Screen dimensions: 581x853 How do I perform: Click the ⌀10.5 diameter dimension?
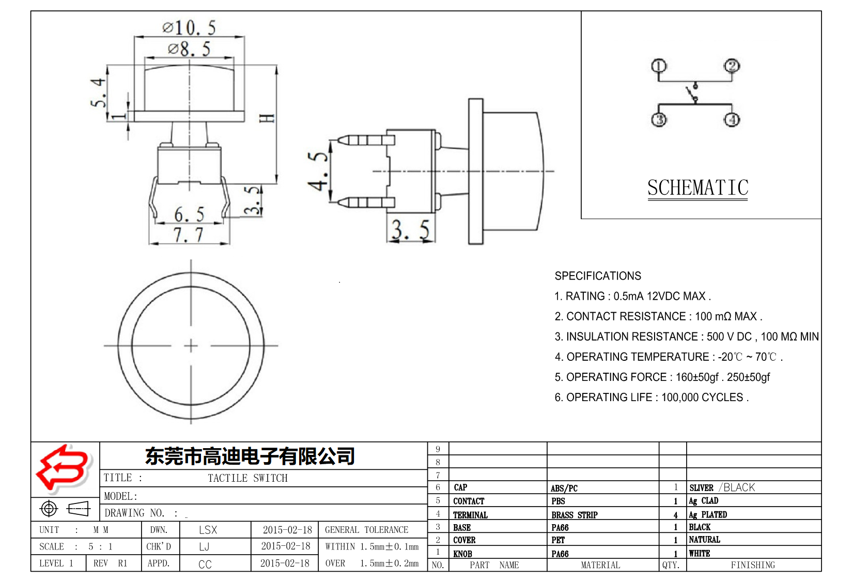point(189,27)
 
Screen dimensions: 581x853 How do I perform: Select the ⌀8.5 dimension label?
point(189,49)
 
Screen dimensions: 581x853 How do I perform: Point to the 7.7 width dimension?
point(189,235)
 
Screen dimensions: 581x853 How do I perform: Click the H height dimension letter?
point(267,118)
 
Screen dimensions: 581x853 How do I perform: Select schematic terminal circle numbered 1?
point(659,66)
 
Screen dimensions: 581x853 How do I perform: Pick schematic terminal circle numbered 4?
point(732,120)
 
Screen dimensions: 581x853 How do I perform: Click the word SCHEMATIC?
point(697,188)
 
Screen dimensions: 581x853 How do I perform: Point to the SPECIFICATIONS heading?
point(598,276)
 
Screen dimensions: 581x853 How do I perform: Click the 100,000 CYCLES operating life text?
point(703,397)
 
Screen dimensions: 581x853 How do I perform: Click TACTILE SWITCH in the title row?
point(247,478)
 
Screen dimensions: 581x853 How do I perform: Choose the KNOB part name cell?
point(463,554)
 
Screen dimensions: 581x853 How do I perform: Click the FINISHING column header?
point(753,565)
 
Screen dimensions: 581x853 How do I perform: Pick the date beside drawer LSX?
point(287,530)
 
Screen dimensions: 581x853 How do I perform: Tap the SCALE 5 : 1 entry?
point(75,546)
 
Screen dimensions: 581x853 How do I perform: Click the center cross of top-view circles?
point(191,345)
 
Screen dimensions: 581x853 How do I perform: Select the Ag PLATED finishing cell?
point(708,515)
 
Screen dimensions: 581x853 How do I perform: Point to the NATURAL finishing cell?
point(704,540)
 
